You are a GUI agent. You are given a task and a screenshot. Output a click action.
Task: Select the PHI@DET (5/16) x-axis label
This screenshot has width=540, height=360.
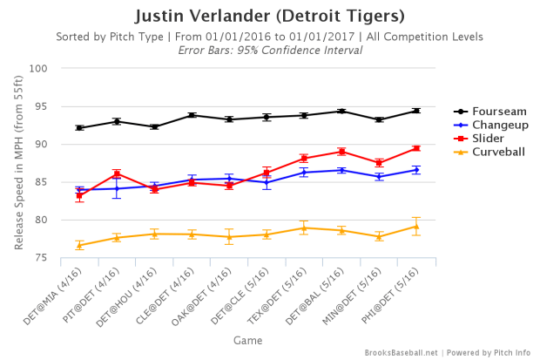pos(396,291)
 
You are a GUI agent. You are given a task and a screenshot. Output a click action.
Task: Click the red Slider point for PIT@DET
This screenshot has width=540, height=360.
pos(117,173)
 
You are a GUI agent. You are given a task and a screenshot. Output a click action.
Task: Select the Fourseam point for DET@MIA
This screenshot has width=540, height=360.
pos(79,128)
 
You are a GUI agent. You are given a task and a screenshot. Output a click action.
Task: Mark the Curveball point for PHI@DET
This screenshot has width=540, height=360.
pos(416,227)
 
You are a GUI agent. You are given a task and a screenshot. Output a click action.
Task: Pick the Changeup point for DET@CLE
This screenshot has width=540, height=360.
pos(267,182)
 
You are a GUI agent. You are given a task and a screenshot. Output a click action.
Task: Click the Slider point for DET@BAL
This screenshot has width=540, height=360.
pos(341,152)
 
